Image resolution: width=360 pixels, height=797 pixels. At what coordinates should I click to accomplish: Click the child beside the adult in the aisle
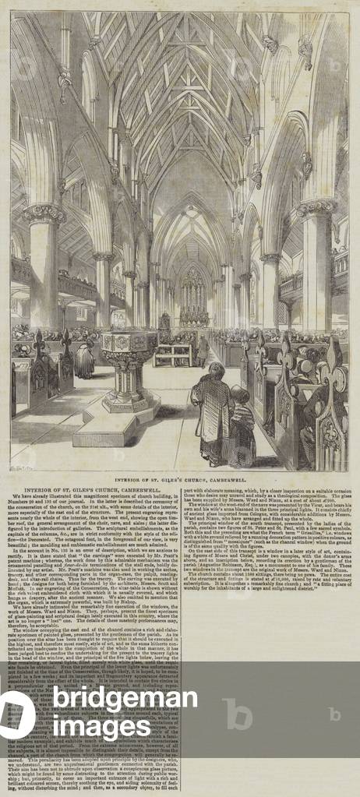click(241, 425)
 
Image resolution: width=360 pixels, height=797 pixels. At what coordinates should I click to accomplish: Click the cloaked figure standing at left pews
click(84, 358)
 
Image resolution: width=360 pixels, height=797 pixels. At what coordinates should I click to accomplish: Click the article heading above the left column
click(90, 488)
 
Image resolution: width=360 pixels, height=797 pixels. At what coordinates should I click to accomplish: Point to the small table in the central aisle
click(171, 355)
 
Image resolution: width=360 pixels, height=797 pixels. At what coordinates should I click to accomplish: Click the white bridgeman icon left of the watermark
click(23, 713)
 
